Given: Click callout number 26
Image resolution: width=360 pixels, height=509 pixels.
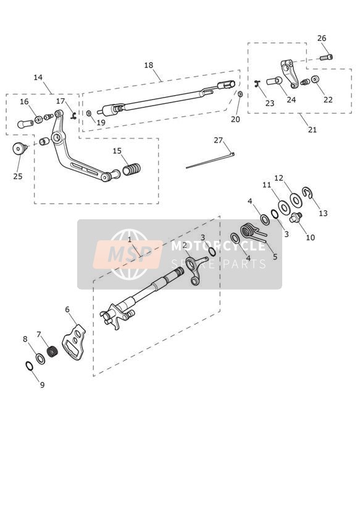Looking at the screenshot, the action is click(321, 38).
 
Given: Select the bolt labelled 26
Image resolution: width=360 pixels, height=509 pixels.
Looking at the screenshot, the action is click(326, 57).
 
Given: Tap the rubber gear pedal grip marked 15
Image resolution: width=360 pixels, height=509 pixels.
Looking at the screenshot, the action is click(132, 169).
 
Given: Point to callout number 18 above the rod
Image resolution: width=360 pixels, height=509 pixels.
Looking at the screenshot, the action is click(148, 65).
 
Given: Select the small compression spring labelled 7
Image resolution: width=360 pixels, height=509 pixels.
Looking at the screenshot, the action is click(52, 351).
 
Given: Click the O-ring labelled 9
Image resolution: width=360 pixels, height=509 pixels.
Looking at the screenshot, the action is click(29, 366).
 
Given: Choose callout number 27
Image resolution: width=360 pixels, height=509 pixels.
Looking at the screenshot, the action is click(218, 140).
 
